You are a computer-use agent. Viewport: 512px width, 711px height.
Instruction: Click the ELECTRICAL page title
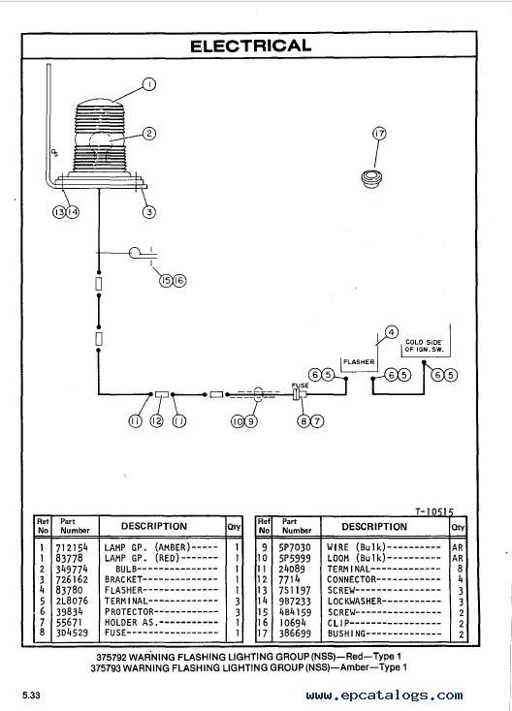click(250, 46)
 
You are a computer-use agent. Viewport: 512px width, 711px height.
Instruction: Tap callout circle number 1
click(149, 84)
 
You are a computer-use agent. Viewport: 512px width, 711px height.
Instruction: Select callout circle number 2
click(149, 134)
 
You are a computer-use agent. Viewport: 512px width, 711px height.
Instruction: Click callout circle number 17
click(379, 134)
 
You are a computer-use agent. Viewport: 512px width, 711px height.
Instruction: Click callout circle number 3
click(149, 212)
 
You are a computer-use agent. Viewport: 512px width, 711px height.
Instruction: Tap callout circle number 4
click(391, 332)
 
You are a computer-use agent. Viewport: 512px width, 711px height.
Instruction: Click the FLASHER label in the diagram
click(359, 362)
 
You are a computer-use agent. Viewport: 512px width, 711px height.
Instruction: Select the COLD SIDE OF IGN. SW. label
click(424, 346)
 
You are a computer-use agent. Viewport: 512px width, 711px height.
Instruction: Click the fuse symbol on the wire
click(299, 394)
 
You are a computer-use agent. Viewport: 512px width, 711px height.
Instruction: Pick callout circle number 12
click(156, 421)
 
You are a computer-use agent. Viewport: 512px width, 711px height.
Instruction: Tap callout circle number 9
click(251, 421)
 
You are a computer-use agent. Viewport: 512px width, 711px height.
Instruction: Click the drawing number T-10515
click(434, 511)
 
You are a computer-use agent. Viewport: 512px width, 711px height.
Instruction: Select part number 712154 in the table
click(72, 547)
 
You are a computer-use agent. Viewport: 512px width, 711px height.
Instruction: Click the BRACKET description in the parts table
click(123, 579)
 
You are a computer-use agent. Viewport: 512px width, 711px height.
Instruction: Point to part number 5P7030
click(295, 547)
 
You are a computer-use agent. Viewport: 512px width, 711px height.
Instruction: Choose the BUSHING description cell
click(346, 634)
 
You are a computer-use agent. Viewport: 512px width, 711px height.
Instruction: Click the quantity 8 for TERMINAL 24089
click(460, 569)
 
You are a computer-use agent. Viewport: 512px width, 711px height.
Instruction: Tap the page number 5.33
click(31, 696)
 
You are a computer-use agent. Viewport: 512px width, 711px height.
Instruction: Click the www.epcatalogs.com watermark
click(384, 696)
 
